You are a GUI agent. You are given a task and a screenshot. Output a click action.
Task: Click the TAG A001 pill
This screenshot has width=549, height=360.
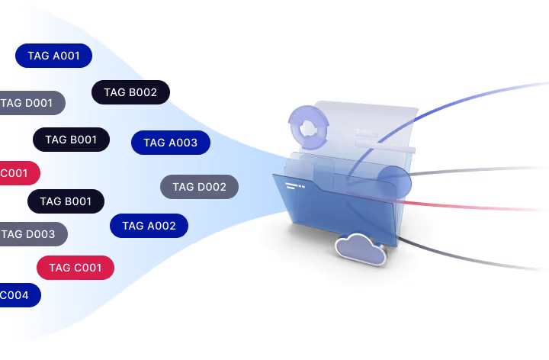[53, 56]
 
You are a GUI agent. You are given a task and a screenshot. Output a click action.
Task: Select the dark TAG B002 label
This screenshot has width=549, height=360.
[130, 92]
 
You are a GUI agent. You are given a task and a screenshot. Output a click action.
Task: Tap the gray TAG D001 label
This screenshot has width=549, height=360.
[30, 103]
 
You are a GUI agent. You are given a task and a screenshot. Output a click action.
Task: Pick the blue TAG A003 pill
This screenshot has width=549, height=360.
[170, 143]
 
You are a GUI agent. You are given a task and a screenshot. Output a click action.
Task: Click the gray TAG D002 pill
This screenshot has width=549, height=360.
[199, 187]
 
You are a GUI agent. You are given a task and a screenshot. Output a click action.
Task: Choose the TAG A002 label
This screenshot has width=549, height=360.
[149, 226]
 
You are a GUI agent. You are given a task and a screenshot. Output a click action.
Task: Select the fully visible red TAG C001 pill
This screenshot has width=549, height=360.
[75, 268]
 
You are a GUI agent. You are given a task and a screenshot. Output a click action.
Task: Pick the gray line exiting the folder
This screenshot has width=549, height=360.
[488, 169]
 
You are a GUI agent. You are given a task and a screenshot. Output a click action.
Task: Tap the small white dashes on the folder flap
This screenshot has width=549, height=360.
[294, 185]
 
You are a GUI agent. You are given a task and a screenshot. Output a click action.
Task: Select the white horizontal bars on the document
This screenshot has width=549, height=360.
[374, 139]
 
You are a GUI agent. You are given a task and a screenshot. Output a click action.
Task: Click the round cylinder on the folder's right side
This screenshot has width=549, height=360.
[393, 182]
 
